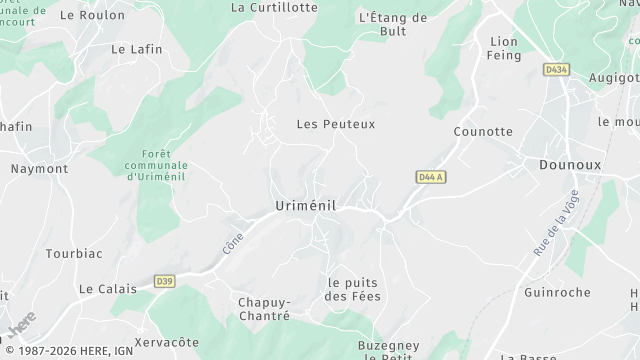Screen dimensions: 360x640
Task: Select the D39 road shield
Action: [165, 281]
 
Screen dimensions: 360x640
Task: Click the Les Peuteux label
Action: [336, 125]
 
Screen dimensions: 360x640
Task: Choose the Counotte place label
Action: [482, 132]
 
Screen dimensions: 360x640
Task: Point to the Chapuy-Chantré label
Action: [264, 309]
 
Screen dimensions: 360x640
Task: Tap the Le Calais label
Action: [107, 289]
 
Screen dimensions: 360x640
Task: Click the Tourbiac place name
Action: [74, 253]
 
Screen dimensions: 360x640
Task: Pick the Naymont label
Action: [39, 169]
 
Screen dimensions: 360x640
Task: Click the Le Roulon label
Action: [93, 15]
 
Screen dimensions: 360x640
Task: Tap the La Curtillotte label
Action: [274, 7]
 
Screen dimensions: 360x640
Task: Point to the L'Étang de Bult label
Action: [392, 25]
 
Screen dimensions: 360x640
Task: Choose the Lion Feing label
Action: [504, 48]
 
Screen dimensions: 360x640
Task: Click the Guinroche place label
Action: [558, 293]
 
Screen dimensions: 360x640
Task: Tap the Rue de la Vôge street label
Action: [557, 226]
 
